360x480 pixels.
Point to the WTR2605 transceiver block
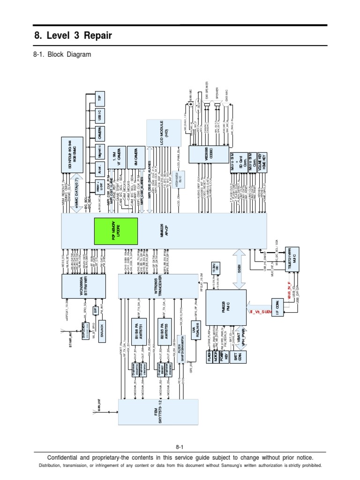coord(158,285)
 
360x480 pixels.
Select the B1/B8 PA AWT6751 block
coord(139,327)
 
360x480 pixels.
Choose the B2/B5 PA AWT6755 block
coord(165,327)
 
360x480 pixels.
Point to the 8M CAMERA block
coord(132,157)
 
